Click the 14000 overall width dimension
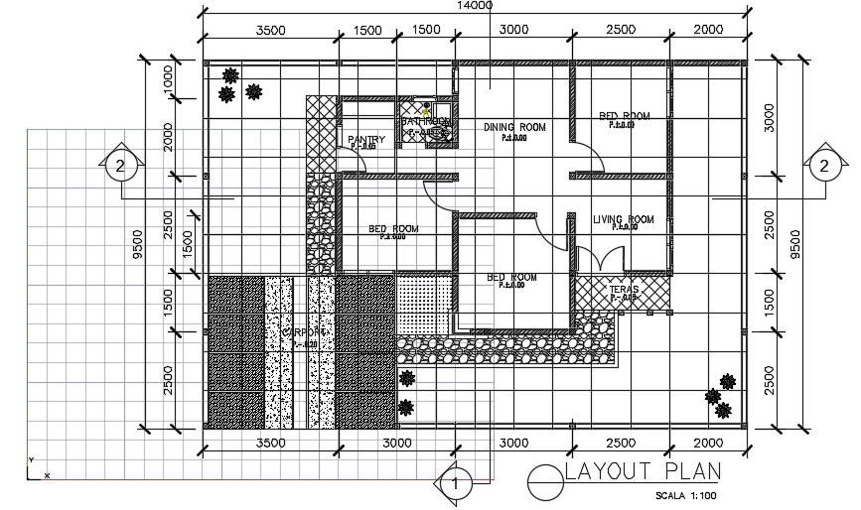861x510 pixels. (475, 6)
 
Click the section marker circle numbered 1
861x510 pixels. (455, 485)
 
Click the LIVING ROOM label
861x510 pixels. (624, 220)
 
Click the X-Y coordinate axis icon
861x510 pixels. (36, 470)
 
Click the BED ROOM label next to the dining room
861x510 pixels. (624, 117)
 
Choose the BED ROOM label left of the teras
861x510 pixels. (511, 278)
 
